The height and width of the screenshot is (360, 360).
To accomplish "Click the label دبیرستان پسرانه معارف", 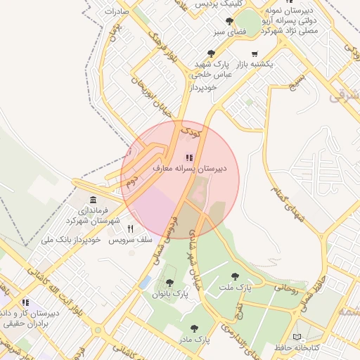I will coord(188,169).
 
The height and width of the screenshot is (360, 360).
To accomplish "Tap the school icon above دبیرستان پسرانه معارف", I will coord(188,157).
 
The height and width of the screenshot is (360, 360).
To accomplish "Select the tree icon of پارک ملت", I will coord(235,276).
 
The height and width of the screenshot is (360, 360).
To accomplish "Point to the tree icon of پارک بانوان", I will coord(169,283).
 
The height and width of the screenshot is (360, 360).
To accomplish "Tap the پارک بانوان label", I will coord(170,294).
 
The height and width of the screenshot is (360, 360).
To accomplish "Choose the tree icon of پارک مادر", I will coord(193,328).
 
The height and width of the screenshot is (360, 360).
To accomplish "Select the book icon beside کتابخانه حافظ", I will coord(295,337).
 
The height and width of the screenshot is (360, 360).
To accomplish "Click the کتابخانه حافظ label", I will coord(295,348).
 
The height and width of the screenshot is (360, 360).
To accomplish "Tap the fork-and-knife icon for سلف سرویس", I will coord(130,229).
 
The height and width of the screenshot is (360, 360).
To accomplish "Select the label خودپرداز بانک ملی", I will coord(72,240).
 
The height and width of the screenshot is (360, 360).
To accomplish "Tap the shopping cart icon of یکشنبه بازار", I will coord(254,53).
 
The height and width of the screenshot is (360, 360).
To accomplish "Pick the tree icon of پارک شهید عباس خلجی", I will coord(211,53).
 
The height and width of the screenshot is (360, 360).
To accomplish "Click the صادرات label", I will coord(115,12).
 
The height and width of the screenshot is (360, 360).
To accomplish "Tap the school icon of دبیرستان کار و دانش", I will coord(26,302).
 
